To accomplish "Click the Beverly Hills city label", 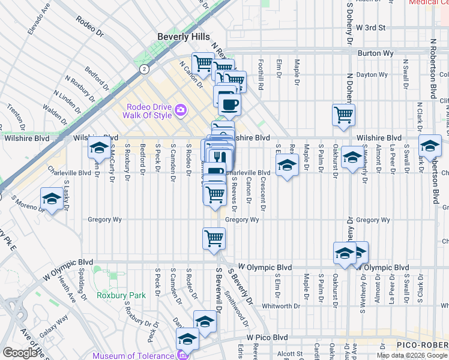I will [184, 37].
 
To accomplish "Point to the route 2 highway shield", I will [144, 69].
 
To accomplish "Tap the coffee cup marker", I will [229, 106].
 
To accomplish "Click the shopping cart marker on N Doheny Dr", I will [343, 114].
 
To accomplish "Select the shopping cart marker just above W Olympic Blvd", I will [214, 238].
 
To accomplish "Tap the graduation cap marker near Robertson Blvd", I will [430, 146].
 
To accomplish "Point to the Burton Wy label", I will [375, 53].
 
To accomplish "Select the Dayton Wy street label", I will [372, 75].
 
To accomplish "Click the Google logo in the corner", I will [20, 353].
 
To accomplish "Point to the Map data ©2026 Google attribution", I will [412, 355].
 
